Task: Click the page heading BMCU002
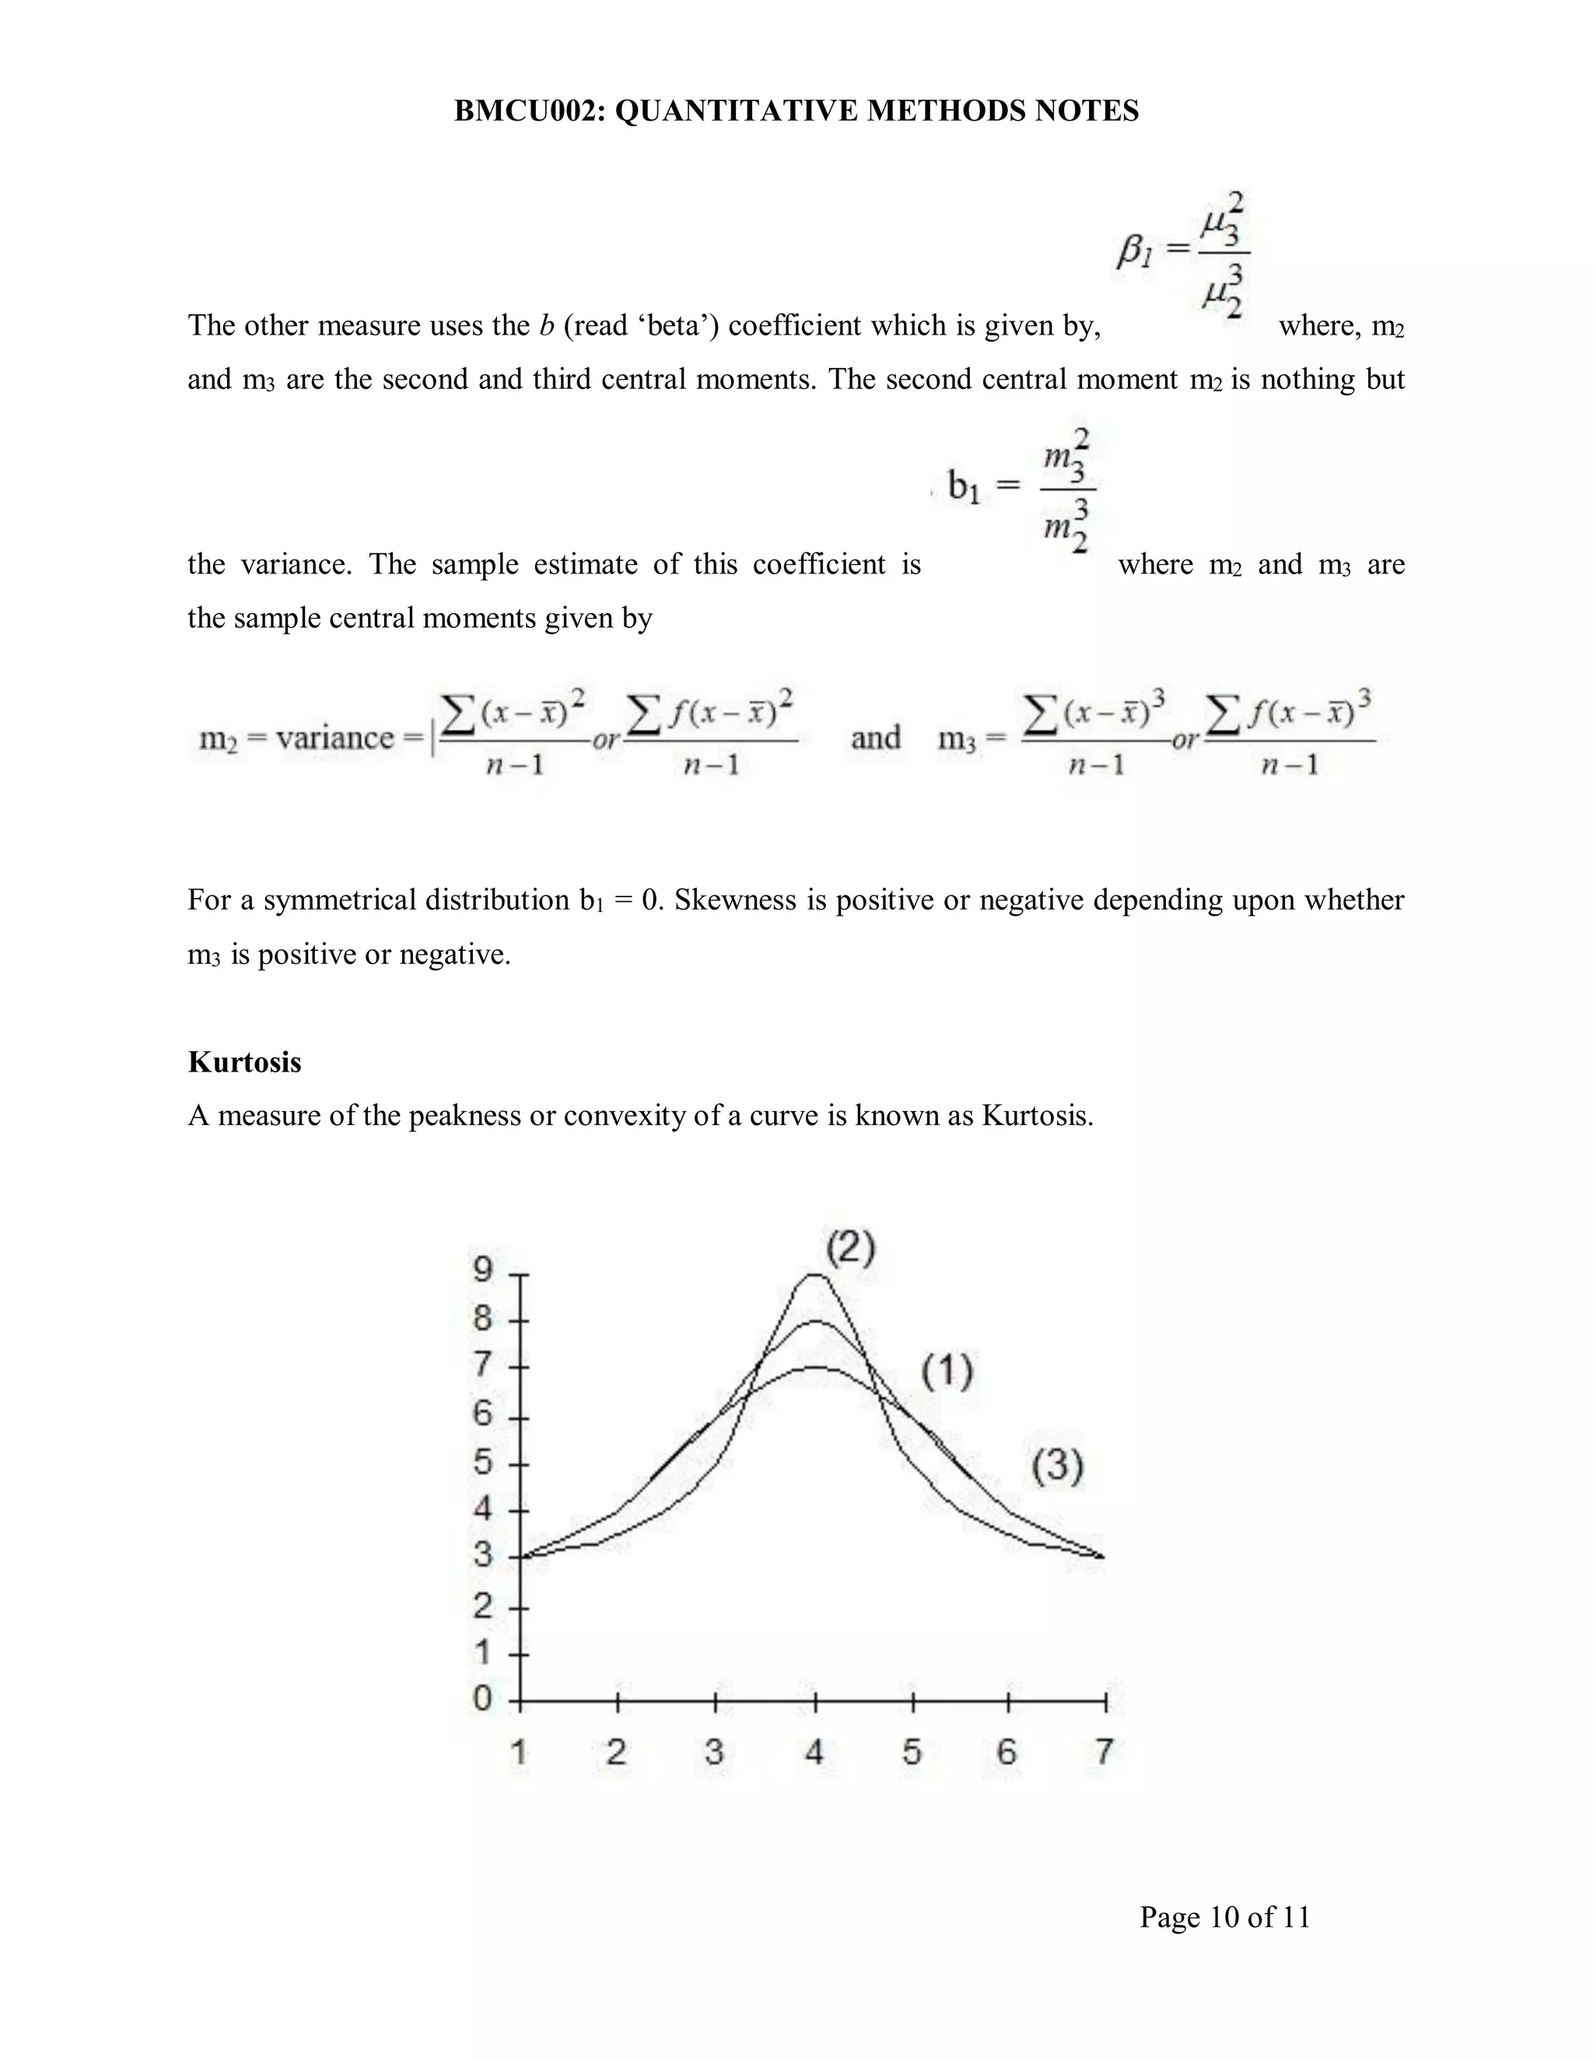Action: [x=796, y=111]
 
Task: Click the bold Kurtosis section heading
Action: [x=244, y=1062]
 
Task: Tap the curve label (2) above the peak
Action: [x=850, y=1248]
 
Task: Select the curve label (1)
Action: [x=947, y=1371]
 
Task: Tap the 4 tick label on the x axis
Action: [x=814, y=1752]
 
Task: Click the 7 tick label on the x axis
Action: [x=1105, y=1752]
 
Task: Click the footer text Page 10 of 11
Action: [x=1224, y=1917]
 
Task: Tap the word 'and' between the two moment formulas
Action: [x=875, y=738]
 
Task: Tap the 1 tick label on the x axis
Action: [x=519, y=1752]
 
